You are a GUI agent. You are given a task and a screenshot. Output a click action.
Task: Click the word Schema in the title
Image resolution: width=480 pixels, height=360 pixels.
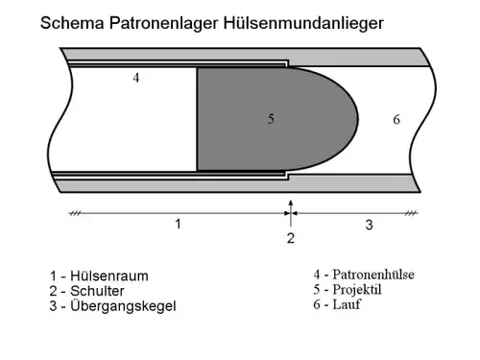[72, 23]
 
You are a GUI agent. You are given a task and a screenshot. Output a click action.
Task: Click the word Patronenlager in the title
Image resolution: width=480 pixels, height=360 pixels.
[164, 23]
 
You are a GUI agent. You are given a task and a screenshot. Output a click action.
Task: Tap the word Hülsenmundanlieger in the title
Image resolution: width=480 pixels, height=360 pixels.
[303, 23]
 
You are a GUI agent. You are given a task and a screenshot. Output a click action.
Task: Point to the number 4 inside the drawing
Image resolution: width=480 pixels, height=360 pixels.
[136, 78]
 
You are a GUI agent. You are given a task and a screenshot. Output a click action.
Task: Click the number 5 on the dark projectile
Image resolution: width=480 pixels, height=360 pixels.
[271, 119]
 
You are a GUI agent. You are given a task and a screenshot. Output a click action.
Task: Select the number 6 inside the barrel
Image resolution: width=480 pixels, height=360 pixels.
[396, 120]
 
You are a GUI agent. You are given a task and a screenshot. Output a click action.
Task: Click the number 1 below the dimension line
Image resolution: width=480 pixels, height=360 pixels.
[179, 224]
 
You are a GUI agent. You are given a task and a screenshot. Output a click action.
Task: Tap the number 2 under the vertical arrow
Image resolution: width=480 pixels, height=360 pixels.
[291, 238]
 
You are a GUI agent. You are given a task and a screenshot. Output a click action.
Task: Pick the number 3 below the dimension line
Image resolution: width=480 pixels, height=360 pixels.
[370, 225]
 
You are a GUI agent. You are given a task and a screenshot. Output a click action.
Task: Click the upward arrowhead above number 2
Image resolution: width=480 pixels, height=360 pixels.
[291, 203]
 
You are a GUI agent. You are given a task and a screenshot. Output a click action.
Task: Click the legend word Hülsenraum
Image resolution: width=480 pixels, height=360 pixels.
[109, 276]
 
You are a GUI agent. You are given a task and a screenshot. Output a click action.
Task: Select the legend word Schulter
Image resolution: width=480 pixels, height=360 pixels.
[97, 291]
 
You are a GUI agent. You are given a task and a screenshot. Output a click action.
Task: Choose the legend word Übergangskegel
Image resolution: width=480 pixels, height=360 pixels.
[123, 306]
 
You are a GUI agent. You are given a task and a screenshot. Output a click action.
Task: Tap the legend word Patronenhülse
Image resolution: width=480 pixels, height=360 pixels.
[373, 275]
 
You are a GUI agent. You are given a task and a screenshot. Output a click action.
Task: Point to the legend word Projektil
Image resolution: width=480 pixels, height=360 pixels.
[357, 290]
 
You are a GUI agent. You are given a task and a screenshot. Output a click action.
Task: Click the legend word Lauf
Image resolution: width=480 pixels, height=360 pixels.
[347, 304]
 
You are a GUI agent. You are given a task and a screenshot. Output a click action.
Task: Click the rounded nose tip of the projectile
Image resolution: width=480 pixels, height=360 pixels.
[358, 119]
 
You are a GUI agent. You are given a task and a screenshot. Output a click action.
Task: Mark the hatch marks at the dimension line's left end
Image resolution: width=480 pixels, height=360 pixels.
[75, 213]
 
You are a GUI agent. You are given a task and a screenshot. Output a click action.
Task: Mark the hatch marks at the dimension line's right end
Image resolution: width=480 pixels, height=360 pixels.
[411, 213]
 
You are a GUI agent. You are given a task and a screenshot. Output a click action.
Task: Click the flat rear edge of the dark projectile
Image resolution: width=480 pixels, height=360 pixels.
[197, 119]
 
